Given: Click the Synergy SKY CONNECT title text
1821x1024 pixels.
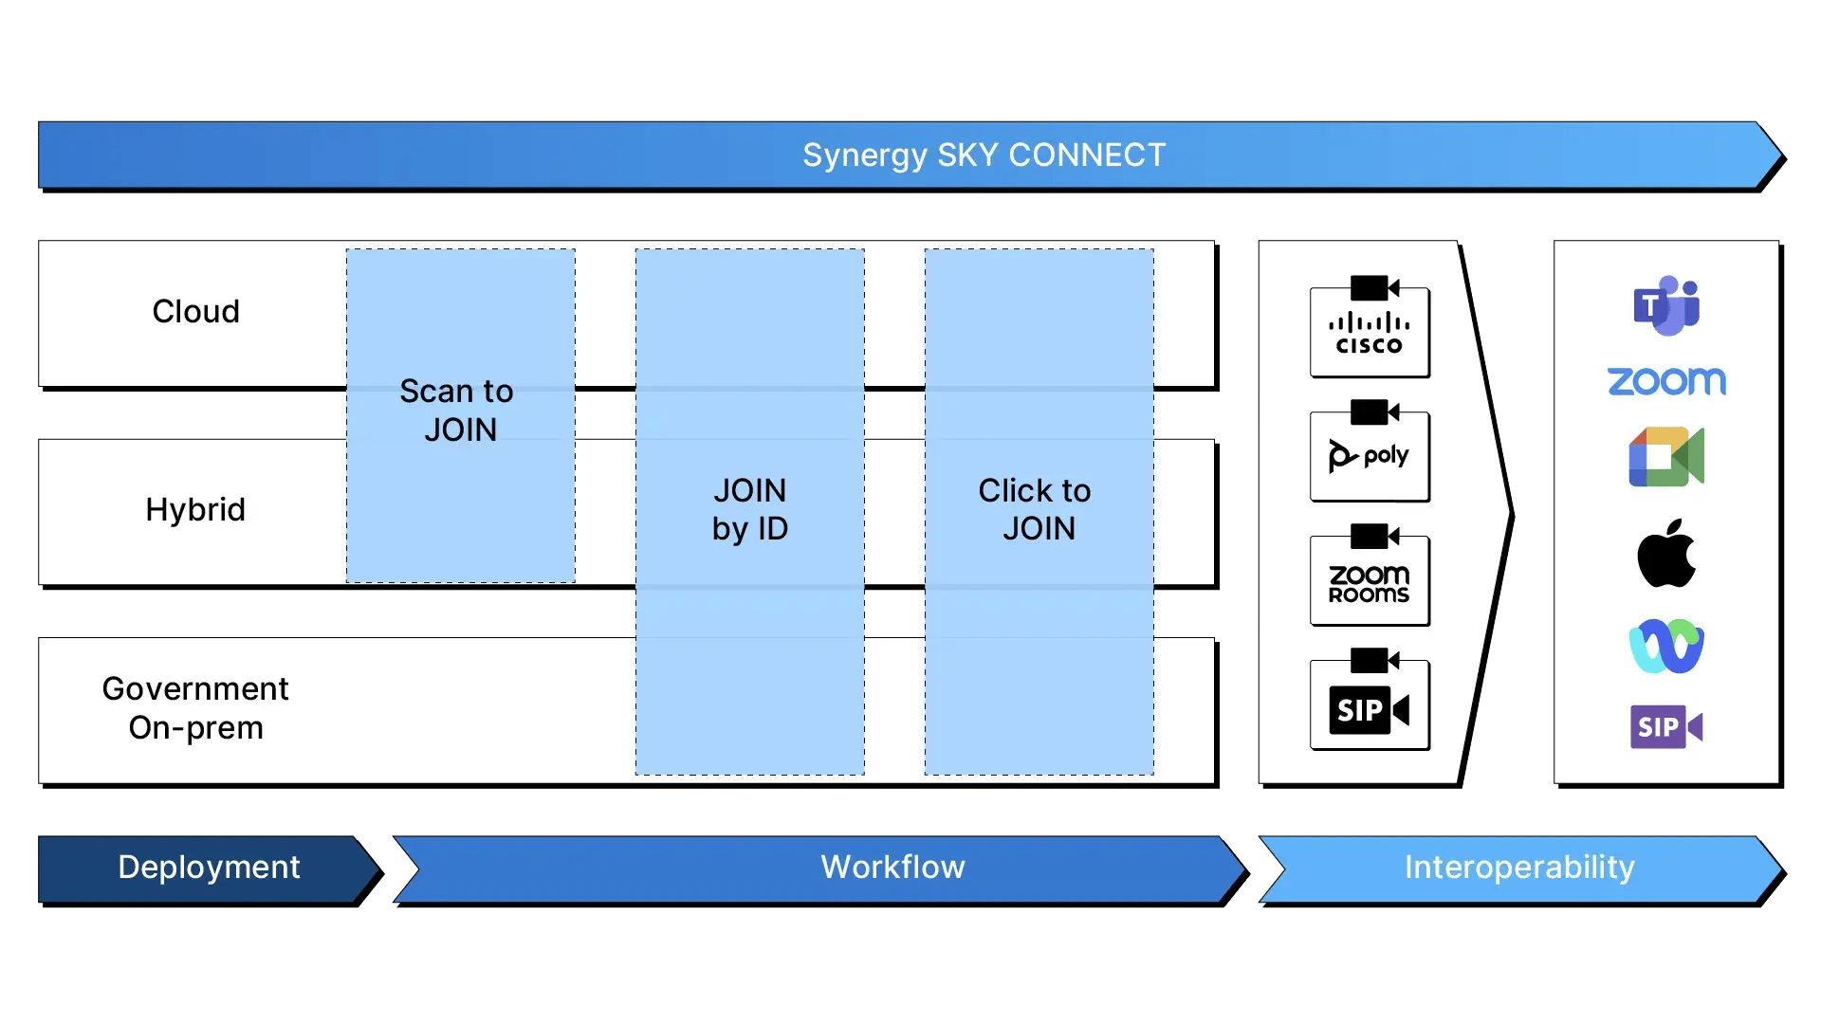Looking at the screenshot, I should coord(984,155).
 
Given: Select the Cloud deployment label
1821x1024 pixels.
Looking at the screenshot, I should coord(195,311).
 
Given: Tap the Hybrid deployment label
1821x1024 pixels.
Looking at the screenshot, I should coord(195,510).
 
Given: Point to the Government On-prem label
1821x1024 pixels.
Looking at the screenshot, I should coord(195,708).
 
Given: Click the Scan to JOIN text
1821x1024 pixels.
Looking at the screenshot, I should coord(459,411).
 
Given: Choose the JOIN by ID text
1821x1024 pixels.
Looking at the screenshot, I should coord(749,509).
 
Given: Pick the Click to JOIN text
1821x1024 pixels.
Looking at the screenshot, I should coord(1037,509).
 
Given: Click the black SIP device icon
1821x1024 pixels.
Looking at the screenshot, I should coord(1370,701).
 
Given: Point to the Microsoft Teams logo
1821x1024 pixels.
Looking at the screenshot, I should coord(1666,305).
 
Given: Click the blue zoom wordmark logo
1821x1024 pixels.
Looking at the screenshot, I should coord(1666,381).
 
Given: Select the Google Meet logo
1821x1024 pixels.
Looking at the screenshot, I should coord(1666,457).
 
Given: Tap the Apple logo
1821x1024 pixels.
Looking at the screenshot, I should coord(1666,554).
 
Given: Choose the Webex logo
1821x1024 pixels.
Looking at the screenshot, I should coord(1666,647).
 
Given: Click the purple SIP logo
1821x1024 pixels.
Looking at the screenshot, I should coord(1666,727).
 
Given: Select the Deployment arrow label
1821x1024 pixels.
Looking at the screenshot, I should coord(209,868).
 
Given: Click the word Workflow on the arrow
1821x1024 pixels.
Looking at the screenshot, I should coord(892,868).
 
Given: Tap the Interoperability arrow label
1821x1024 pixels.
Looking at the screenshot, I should coord(1519,868).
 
